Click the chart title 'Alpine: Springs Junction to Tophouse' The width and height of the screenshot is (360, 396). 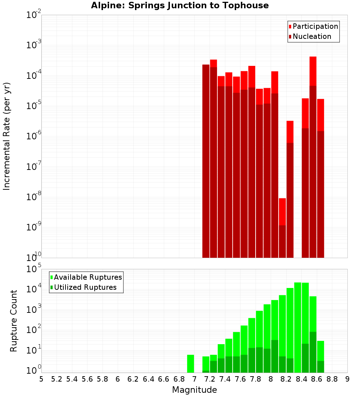[x=180, y=5]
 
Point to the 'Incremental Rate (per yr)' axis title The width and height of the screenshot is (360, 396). [x=7, y=136]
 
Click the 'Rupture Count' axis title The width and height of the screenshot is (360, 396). [x=14, y=321]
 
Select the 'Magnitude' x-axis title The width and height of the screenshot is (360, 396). [x=194, y=390]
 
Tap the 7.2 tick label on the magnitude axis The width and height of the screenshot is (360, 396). [x=210, y=379]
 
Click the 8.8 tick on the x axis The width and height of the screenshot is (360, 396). [x=332, y=379]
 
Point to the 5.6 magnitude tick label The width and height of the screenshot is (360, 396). [x=87, y=379]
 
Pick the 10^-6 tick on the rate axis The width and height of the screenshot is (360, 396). [x=34, y=136]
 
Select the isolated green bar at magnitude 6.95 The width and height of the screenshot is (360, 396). [x=190, y=364]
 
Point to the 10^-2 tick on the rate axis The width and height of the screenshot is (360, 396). [x=34, y=15]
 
